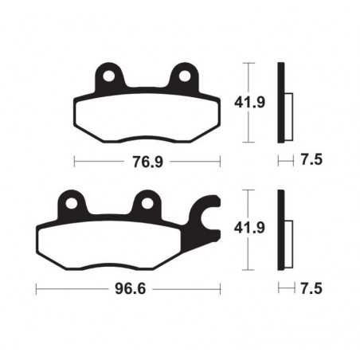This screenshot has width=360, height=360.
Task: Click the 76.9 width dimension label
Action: [147, 162]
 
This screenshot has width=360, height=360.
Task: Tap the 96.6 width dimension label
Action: [128, 288]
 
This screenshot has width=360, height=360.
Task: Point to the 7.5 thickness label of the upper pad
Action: [311, 162]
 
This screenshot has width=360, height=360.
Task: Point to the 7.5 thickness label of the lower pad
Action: [311, 288]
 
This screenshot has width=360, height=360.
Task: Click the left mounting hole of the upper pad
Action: [108, 77]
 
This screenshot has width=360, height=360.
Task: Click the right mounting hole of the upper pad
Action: [185, 77]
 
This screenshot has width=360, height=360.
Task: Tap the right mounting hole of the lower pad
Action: [147, 202]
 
